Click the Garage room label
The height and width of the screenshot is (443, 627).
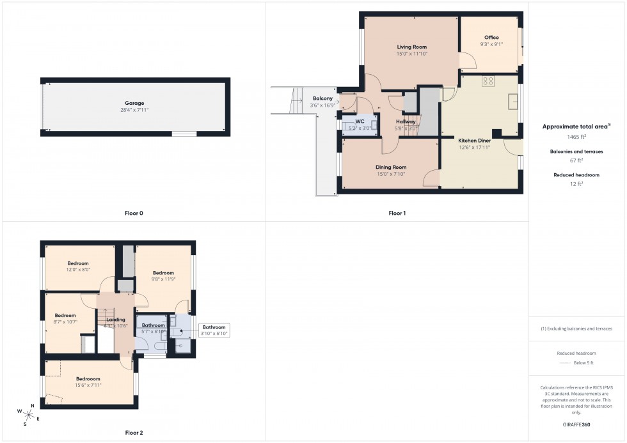134,103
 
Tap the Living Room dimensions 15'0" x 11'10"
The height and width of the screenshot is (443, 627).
411,54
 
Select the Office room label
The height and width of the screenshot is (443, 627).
491,38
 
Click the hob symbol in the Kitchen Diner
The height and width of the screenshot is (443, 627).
489,81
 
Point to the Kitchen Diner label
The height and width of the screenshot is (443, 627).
473,140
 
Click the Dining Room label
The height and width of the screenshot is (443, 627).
390,167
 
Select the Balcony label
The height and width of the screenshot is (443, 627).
322,98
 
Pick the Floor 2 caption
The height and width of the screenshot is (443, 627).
134,433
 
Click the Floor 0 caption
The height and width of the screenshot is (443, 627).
134,213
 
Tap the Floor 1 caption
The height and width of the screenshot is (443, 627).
397,213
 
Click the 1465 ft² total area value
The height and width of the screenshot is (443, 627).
576,137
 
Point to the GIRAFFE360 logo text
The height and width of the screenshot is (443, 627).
576,424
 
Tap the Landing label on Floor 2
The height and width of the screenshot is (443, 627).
116,320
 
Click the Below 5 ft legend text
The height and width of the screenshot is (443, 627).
584,363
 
